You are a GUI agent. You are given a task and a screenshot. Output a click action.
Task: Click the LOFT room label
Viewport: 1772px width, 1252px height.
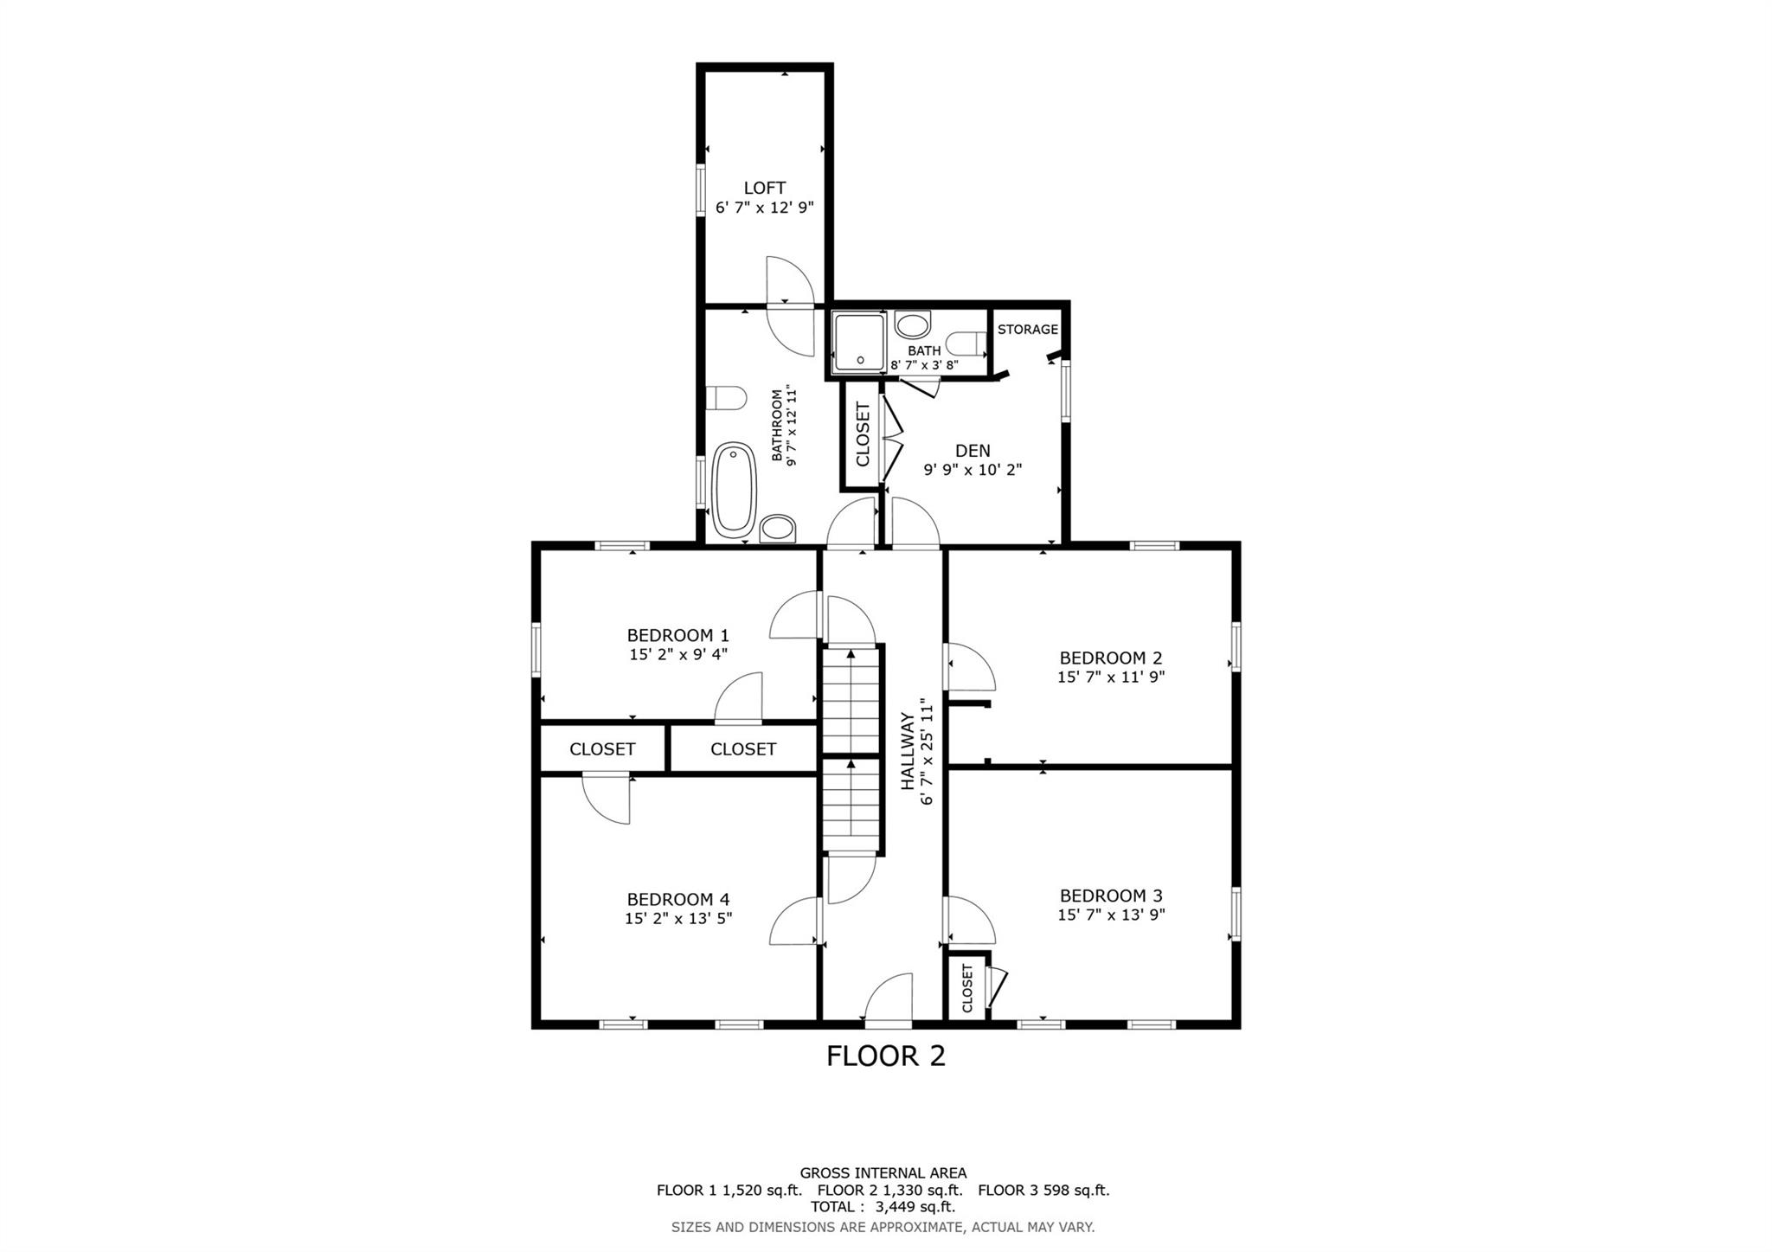click(764, 188)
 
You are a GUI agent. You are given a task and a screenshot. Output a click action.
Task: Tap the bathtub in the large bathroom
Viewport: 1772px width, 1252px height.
click(735, 490)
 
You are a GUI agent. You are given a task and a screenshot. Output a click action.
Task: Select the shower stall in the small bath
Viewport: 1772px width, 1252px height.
click(859, 343)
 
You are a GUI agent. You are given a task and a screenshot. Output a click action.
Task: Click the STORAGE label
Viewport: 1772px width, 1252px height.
click(1027, 330)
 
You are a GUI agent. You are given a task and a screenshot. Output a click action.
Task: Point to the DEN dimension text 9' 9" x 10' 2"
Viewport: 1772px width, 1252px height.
click(973, 470)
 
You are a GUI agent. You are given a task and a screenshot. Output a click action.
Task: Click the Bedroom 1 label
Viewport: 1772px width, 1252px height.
click(677, 635)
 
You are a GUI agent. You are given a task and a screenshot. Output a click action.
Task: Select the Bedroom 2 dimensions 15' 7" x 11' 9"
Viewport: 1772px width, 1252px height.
click(1110, 677)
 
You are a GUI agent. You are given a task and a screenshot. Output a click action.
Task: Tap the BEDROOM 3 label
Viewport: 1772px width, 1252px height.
click(1110, 896)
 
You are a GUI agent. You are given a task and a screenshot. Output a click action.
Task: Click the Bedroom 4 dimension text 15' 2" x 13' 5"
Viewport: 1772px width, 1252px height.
click(677, 918)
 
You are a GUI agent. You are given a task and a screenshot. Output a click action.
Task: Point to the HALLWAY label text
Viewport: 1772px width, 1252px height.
click(907, 751)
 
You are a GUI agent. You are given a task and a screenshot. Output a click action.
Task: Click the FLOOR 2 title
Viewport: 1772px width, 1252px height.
click(885, 1056)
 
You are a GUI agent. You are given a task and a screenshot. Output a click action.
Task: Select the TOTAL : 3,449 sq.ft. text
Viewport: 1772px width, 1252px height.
click(883, 1207)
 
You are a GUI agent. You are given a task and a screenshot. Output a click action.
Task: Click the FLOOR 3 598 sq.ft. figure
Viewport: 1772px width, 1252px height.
click(1043, 1190)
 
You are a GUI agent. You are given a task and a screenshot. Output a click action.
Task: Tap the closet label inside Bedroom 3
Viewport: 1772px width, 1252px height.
click(966, 988)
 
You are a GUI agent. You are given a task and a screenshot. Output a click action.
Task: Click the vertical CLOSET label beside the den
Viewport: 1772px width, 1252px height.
click(863, 434)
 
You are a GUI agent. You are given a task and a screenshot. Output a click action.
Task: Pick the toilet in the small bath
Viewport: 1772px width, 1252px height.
click(967, 343)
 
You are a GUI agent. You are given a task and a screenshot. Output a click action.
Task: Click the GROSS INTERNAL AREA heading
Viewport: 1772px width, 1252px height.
click(883, 1173)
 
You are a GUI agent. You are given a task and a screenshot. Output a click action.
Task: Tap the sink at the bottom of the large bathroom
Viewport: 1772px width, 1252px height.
click(777, 528)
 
